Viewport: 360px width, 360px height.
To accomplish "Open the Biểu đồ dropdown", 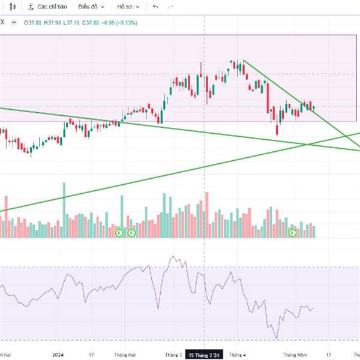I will (x=91, y=7).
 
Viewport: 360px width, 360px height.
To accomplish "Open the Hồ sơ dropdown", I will (x=129, y=7).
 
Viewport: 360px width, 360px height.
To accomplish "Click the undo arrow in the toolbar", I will (x=156, y=7).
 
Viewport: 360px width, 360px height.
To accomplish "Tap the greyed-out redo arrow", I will (x=170, y=7).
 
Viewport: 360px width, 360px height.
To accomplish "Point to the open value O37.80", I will (x=33, y=23).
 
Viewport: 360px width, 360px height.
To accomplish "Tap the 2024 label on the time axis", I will (x=58, y=355).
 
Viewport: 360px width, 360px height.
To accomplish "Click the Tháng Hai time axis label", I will (x=124, y=355).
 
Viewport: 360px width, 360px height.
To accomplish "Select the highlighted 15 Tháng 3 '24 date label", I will (x=205, y=355).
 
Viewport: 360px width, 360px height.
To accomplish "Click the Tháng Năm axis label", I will (x=296, y=355).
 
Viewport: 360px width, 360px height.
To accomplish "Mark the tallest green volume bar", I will (x=64, y=210).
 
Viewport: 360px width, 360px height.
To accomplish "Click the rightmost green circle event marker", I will (x=293, y=232).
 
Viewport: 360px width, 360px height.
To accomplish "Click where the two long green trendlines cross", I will (x=308, y=144).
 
